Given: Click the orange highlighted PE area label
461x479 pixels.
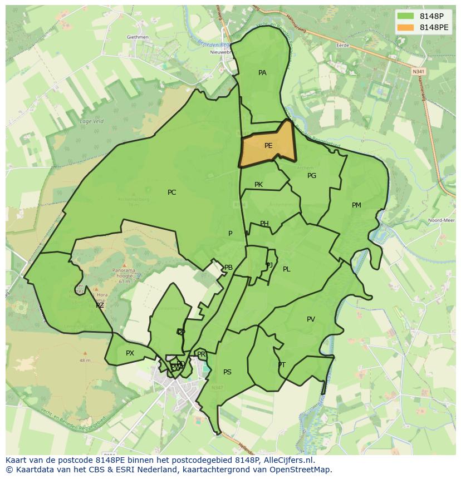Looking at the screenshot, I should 268,146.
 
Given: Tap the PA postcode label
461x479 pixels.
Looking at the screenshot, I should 262,73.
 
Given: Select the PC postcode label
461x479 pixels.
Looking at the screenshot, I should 171,192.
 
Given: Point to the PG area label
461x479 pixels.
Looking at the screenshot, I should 312,176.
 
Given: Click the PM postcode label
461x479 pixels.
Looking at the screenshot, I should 356,205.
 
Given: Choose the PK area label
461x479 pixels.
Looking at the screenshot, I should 258,185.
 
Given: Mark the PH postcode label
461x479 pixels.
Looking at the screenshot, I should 264,224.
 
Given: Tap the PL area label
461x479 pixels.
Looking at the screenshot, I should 286,269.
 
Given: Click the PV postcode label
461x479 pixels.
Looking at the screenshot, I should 311,319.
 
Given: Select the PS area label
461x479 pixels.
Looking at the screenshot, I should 227,372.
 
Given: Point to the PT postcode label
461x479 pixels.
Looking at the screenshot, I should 282,365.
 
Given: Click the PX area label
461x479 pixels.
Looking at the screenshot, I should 130,353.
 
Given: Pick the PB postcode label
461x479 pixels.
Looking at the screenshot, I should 228,268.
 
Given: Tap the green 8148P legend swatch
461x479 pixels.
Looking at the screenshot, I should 406,16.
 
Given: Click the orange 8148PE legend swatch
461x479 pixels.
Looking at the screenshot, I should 406,27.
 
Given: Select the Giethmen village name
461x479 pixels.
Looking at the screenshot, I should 138,37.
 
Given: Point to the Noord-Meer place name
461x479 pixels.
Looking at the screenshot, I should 441,220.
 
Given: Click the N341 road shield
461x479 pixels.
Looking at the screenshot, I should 418,72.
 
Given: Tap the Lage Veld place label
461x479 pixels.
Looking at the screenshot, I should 91,121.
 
